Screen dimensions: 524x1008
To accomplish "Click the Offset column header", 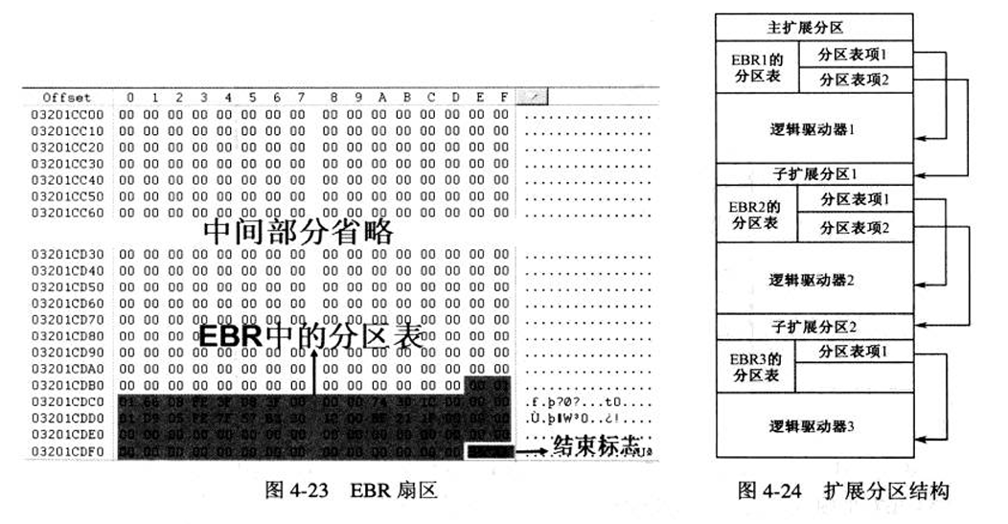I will pos(67,98).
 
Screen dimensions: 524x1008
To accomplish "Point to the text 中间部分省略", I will pos(298,231).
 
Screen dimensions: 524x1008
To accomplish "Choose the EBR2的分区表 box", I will pos(756,215).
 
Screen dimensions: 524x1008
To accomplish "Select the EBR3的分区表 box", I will pos(756,367).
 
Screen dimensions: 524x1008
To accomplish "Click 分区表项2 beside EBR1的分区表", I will pos(853,80).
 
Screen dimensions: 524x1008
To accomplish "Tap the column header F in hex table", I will pos(502,98).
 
